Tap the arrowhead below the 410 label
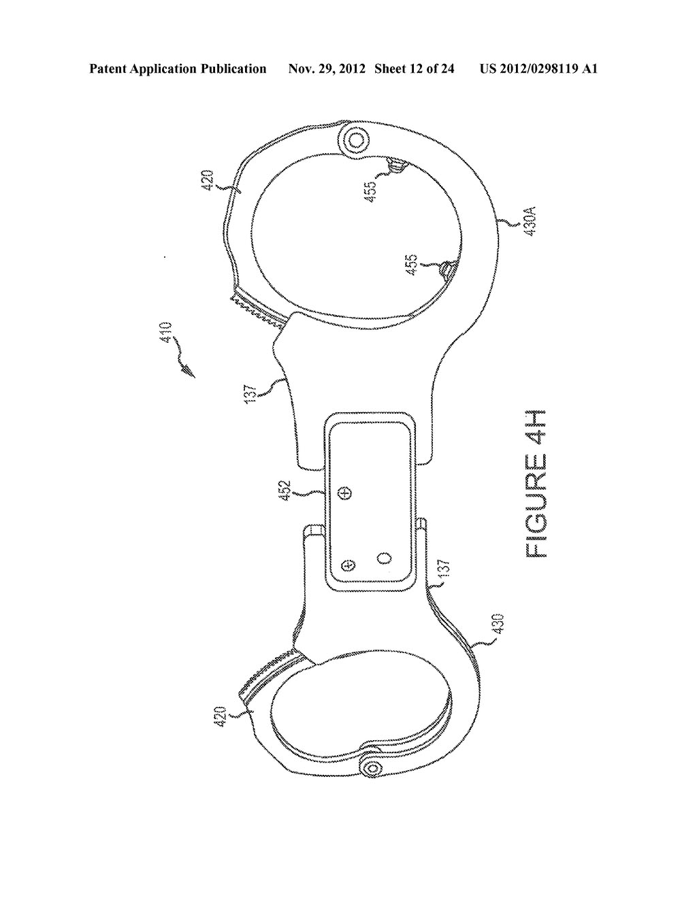[189, 371]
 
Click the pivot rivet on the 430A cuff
[355, 142]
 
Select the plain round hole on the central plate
[385, 559]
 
